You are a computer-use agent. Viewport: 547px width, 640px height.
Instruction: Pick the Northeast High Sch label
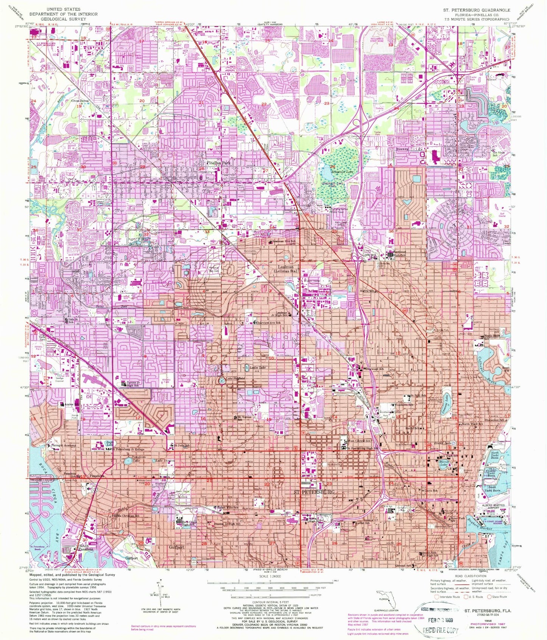[402, 256]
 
